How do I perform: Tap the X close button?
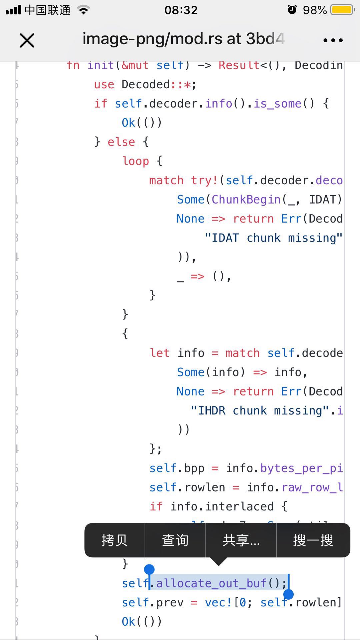tap(27, 41)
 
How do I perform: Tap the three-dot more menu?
tap(333, 40)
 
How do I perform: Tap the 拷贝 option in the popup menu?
tap(114, 540)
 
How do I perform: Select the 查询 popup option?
tap(175, 540)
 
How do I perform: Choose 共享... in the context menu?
tap(241, 540)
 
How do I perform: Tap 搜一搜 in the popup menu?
tap(313, 540)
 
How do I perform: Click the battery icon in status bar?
tap(342, 10)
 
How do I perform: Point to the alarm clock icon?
tap(292, 10)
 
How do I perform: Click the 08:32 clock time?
tap(181, 10)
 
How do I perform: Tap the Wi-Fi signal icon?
tap(84, 10)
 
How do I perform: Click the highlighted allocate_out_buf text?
tap(212, 583)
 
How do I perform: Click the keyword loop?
tap(136, 161)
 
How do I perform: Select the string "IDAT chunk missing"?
tap(273, 238)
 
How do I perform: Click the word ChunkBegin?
tap(246, 199)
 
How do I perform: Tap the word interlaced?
tap(239, 506)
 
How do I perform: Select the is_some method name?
tap(277, 104)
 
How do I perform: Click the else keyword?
tap(121, 142)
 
